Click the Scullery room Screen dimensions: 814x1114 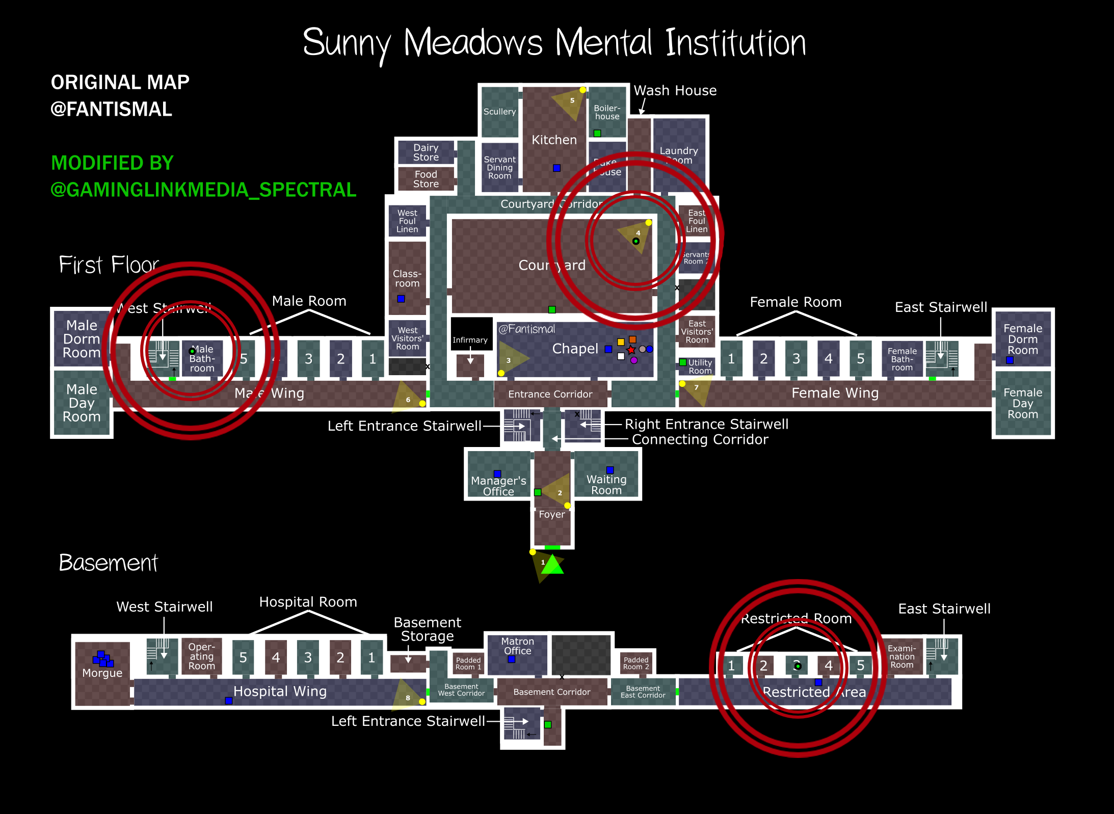tap(499, 112)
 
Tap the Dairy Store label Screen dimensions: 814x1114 tap(426, 152)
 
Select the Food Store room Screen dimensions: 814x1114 tap(426, 179)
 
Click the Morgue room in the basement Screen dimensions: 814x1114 tap(102, 673)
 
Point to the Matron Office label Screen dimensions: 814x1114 tap(517, 646)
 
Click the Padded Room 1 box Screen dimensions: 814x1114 tap(468, 663)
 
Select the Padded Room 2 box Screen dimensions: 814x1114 tap(636, 663)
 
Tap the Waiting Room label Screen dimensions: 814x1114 tap(606, 485)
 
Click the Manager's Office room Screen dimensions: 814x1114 tap(498, 486)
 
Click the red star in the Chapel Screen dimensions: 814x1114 tap(631, 350)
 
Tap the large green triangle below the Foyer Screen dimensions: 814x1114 tap(552, 565)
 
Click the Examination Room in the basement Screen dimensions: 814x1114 tap(901, 657)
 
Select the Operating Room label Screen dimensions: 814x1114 tap(202, 657)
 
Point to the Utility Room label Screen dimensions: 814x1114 tap(700, 366)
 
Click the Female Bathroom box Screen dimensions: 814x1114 tap(901, 359)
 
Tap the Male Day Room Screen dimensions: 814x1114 tap(82, 403)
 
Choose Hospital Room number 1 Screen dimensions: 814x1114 tap(372, 658)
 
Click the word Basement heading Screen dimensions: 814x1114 tap(108, 563)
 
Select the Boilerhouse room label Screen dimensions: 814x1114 tap(607, 112)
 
